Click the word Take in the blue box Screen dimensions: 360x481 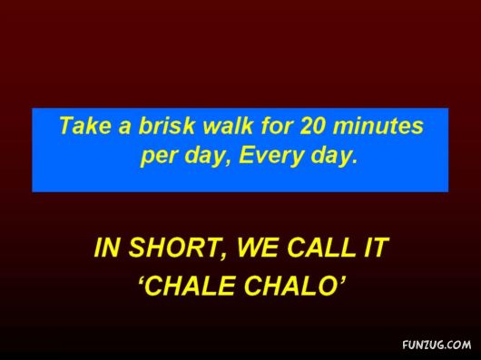(83, 126)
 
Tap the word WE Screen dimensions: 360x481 (258, 248)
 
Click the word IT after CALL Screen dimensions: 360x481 (374, 248)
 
